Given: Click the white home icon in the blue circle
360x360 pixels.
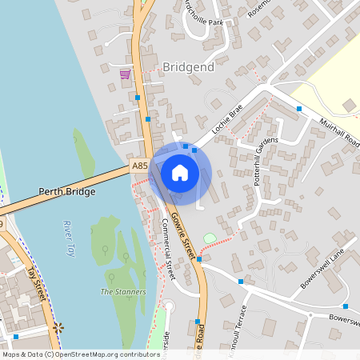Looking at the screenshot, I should [180, 173].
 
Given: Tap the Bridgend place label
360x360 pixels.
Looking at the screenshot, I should [188, 67].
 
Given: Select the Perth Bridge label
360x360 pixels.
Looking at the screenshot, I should [66, 192].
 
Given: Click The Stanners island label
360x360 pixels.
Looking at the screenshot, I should [123, 292].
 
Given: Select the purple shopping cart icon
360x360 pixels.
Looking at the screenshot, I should [125, 74].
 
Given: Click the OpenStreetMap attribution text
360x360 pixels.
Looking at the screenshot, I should [80, 354].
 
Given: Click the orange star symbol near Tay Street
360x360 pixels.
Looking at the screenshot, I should [58, 327].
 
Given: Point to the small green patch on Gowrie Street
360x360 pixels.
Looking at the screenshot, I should [209, 238].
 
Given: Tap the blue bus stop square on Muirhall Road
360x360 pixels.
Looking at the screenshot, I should [299, 108].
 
